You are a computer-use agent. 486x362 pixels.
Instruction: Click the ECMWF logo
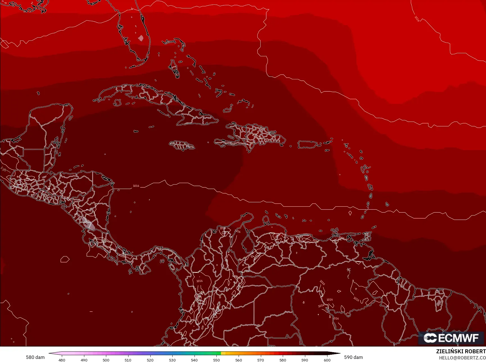(451, 338)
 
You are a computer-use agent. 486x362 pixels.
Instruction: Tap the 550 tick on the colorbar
(216, 360)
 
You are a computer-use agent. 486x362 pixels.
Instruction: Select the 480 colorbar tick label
(62, 360)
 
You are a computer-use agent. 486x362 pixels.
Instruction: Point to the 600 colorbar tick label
(327, 360)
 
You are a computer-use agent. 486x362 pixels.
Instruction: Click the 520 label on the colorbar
(150, 360)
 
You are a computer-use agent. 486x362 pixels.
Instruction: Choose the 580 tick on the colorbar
(283, 360)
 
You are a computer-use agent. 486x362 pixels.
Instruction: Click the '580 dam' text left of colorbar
(35, 357)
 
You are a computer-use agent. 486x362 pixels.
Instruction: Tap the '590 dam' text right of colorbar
(353, 357)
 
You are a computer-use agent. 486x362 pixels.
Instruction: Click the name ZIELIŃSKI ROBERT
(461, 351)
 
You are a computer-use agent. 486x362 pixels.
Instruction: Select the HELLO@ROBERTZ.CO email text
(462, 358)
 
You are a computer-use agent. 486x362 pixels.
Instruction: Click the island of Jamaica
(182, 145)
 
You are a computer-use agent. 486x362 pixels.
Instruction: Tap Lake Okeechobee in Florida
(141, 38)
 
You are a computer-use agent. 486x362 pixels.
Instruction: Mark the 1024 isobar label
(417, 19)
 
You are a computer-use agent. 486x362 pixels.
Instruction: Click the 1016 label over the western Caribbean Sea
(136, 186)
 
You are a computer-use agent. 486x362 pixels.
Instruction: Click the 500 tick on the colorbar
(106, 360)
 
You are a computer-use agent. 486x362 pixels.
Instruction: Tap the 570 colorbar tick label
(261, 360)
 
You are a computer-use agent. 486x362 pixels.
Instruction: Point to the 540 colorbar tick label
(194, 360)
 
